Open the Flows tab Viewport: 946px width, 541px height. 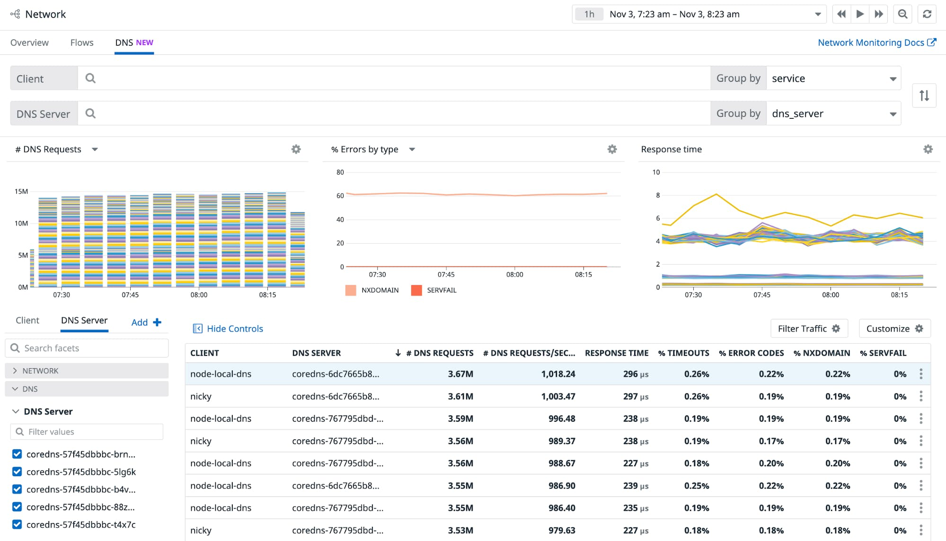pyautogui.click(x=82, y=43)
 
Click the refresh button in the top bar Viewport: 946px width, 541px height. pyautogui.click(x=927, y=14)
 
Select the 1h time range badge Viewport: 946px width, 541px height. pyautogui.click(x=589, y=14)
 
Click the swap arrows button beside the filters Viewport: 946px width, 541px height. pyautogui.click(x=924, y=96)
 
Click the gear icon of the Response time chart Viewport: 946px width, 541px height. pyautogui.click(x=928, y=150)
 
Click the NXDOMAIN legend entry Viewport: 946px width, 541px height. pyautogui.click(x=380, y=290)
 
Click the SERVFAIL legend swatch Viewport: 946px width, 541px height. pyautogui.click(x=416, y=290)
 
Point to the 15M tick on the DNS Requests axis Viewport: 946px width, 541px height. pyautogui.click(x=21, y=192)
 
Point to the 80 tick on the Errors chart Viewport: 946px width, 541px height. pyautogui.click(x=340, y=172)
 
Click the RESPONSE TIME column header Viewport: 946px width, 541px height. pyautogui.click(x=616, y=353)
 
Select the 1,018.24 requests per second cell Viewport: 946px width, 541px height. pyautogui.click(x=558, y=374)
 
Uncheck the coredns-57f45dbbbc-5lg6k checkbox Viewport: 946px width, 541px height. pyautogui.click(x=17, y=472)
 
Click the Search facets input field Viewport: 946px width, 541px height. pyautogui.click(x=90, y=348)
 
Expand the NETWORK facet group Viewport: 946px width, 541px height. pyautogui.click(x=40, y=371)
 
